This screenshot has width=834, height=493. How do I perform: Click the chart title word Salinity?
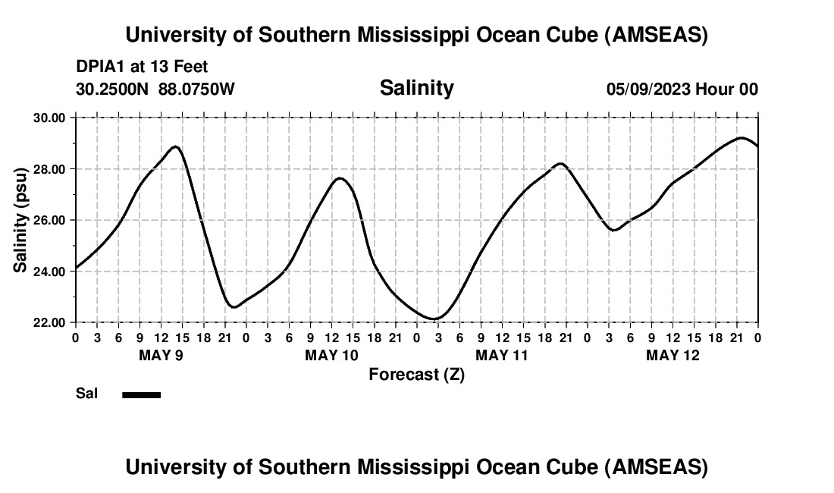click(416, 88)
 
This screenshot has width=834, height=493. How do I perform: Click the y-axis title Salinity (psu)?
click(21, 219)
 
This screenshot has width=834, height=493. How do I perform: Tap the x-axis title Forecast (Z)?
click(416, 374)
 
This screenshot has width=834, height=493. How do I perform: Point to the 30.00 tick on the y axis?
click(50, 118)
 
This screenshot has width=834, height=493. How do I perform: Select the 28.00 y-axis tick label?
click(50, 169)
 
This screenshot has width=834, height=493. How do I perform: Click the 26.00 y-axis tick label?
click(50, 220)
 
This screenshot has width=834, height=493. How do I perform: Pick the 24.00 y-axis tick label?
click(50, 272)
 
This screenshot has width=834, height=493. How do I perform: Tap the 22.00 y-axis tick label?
click(50, 322)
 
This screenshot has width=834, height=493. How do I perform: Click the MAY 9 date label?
click(161, 355)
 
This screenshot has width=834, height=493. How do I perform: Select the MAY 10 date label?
click(331, 355)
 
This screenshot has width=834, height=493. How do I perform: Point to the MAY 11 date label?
click(502, 355)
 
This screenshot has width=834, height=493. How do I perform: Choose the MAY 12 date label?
click(673, 355)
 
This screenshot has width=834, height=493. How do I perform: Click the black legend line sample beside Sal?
click(141, 394)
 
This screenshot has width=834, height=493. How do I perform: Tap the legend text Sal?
click(86, 394)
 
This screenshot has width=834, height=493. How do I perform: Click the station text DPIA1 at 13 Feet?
click(142, 68)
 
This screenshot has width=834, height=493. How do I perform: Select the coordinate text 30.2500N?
click(113, 89)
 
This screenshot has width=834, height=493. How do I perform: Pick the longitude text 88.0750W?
click(196, 89)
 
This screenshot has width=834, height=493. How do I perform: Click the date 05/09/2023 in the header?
click(648, 89)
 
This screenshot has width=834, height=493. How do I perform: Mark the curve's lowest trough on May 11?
click(434, 319)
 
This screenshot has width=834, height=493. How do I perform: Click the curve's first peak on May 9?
click(176, 146)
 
